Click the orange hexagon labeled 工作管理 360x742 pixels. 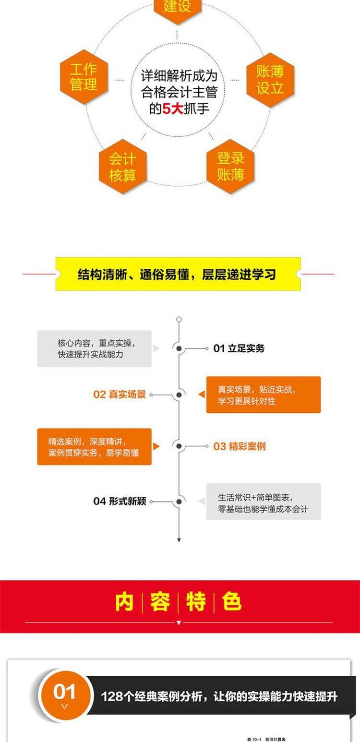click(84, 77)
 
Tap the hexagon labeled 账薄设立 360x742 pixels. click(270, 80)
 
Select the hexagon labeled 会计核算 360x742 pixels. click(122, 167)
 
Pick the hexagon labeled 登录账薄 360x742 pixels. click(230, 166)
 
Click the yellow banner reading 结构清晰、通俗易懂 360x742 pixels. click(178, 274)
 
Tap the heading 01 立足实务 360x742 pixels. click(239, 348)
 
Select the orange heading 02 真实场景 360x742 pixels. click(120, 395)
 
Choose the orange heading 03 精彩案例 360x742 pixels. click(239, 446)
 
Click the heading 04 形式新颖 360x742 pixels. click(120, 502)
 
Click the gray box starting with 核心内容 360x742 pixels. click(95, 349)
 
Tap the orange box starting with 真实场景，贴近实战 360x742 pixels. click(263, 395)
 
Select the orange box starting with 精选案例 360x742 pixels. click(95, 446)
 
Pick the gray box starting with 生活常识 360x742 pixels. click(263, 502)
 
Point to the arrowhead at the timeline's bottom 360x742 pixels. click(179, 540)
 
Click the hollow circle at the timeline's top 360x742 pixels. click(179, 319)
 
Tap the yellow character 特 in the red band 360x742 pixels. click(196, 602)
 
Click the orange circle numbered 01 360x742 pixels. click(65, 694)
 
